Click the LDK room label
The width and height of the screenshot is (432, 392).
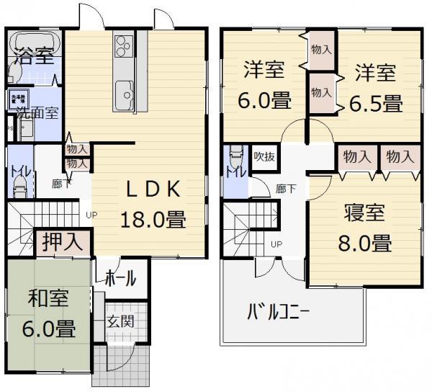(153, 190)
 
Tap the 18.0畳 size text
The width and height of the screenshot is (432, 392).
(153, 218)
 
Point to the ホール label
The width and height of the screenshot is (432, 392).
(121, 277)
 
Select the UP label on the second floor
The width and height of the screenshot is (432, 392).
(276, 244)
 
